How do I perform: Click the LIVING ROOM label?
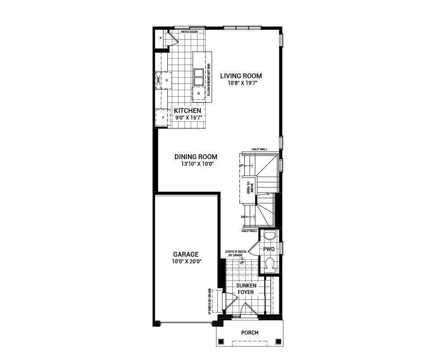(x=241, y=76)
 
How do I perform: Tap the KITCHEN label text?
(x=188, y=110)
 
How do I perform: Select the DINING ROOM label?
(x=196, y=157)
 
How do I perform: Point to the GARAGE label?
(x=185, y=254)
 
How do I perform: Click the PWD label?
(x=268, y=249)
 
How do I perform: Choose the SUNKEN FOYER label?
(x=246, y=288)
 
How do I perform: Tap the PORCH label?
(x=250, y=333)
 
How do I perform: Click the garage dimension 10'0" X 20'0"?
(x=185, y=262)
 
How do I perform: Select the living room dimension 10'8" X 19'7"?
(x=241, y=83)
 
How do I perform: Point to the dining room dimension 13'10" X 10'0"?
(x=196, y=164)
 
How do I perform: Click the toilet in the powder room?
(x=270, y=264)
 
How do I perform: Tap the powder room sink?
(x=269, y=236)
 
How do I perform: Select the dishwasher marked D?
(x=199, y=94)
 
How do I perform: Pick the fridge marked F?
(x=163, y=118)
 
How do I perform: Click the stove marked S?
(x=167, y=80)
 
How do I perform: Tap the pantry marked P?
(x=161, y=39)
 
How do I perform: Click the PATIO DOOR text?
(x=189, y=32)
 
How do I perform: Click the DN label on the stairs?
(x=243, y=217)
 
